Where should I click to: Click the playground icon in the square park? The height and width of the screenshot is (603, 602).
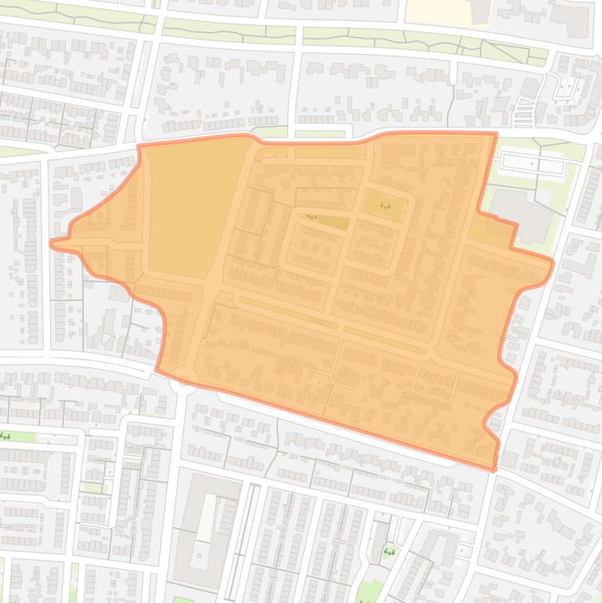point(384,205)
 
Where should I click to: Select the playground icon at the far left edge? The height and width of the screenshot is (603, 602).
point(5,436)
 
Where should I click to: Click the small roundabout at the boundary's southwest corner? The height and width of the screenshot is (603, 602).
point(185,381)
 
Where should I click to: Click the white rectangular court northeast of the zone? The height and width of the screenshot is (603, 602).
point(533,164)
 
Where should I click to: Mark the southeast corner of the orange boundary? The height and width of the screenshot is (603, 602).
point(494,469)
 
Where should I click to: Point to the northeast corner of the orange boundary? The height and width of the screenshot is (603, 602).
point(496,134)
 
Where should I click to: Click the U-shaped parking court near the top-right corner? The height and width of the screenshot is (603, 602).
point(565,91)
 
